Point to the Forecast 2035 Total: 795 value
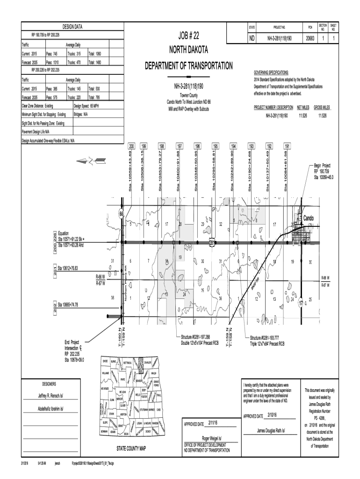click(94, 98)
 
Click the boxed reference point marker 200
click(131, 146)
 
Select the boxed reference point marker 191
click(287, 146)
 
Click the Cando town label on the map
click(309, 218)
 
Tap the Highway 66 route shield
click(121, 214)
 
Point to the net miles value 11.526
click(303, 115)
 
